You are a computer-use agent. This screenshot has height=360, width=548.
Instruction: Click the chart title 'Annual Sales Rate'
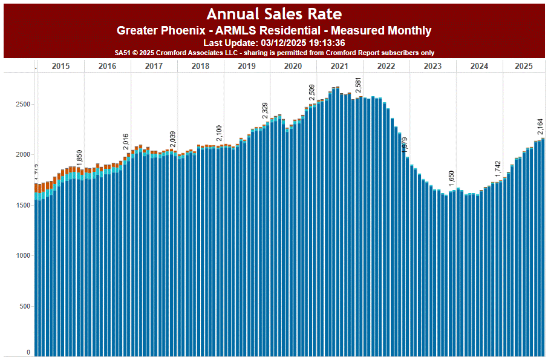pyautogui.click(x=274, y=14)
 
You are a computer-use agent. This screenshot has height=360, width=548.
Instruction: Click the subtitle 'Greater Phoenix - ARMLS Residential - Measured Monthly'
pyautogui.click(x=274, y=30)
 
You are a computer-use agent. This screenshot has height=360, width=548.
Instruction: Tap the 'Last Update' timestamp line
pyautogui.click(x=274, y=42)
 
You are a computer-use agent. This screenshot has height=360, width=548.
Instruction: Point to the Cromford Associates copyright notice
pyautogui.click(x=274, y=53)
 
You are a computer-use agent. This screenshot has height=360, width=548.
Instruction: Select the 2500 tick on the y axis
pyautogui.click(x=22, y=104)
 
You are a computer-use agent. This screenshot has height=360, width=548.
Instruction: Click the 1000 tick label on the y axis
pyautogui.click(x=22, y=256)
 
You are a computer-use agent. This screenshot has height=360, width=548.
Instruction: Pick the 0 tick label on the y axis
pyautogui.click(x=28, y=352)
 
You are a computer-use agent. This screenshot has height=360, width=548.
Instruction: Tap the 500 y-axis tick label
pyautogui.click(x=24, y=306)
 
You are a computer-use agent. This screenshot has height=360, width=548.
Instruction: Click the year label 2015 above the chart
pyautogui.click(x=60, y=66)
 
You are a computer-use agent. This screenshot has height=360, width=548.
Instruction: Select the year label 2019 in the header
pyautogui.click(x=247, y=66)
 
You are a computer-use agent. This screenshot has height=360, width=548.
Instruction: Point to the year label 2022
pyautogui.click(x=386, y=66)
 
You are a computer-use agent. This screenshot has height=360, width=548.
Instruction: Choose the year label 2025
pyautogui.click(x=523, y=66)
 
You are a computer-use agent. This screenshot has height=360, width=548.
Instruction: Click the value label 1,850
pyautogui.click(x=79, y=157)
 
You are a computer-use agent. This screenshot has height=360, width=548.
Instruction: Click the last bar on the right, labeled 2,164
pyautogui.click(x=543, y=242)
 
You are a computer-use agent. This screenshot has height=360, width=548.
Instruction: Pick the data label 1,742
pyautogui.click(x=497, y=169)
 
